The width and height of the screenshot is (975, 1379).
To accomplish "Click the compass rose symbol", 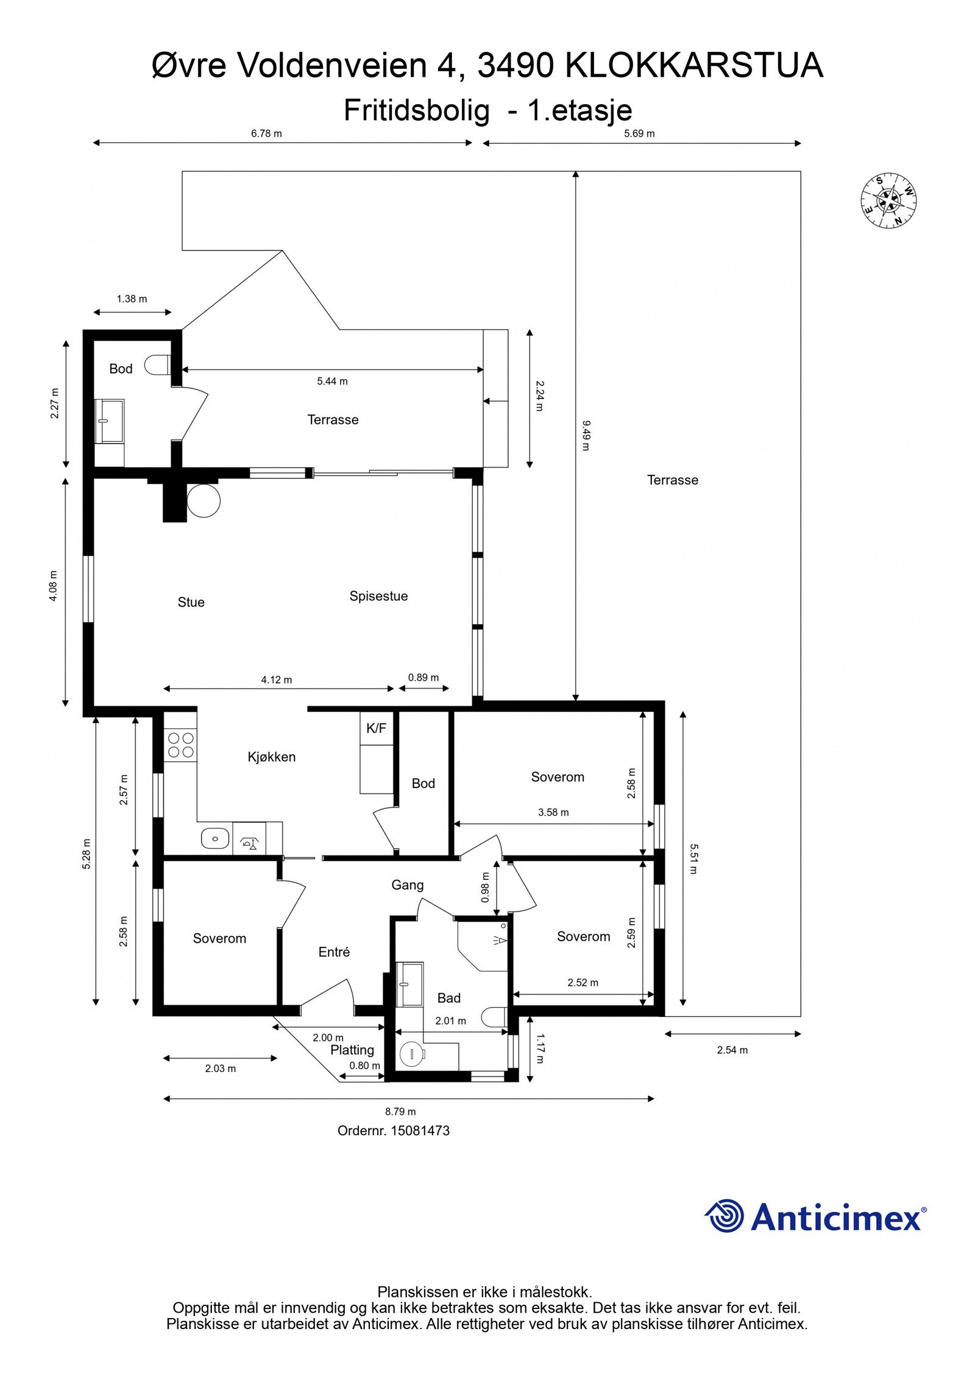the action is (x=889, y=201).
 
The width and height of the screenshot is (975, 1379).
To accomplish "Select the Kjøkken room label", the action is (x=272, y=757).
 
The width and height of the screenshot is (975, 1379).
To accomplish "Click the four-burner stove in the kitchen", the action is (x=181, y=745).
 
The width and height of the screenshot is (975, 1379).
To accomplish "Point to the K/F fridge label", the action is (x=376, y=728).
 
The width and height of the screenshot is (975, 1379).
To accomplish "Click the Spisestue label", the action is (x=378, y=596).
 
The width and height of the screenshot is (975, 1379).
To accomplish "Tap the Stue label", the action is (x=191, y=602).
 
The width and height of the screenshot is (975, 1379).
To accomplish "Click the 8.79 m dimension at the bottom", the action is (x=400, y=1111).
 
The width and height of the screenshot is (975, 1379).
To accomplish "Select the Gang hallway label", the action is (x=407, y=885).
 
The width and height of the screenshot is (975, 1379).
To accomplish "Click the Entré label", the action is (x=334, y=952).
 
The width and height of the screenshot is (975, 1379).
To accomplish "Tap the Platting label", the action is (x=352, y=1050).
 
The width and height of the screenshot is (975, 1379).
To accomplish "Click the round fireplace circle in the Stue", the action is (x=204, y=501).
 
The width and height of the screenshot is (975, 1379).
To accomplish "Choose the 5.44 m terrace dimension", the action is (x=332, y=381).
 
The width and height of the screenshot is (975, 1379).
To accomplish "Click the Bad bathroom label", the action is (x=448, y=998).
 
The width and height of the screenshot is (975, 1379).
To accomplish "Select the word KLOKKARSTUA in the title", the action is (x=695, y=66).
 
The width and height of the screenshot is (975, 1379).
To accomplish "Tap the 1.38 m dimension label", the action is (x=132, y=299).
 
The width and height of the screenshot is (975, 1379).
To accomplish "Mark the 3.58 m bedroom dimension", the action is (x=553, y=812).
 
